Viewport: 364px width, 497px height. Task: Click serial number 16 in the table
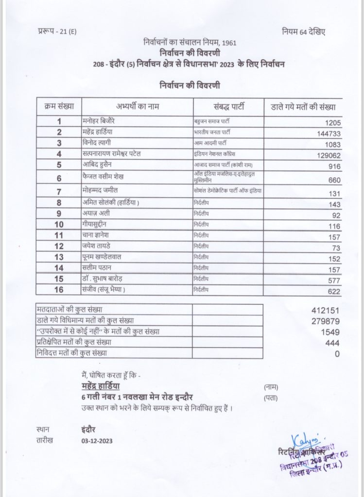tap(59, 291)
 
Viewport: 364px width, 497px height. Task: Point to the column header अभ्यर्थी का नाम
tap(138, 106)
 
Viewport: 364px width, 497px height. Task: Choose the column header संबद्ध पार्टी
tap(228, 106)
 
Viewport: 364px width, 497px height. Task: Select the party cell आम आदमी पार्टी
tap(208, 143)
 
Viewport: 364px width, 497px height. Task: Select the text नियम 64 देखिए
tap(303, 33)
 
